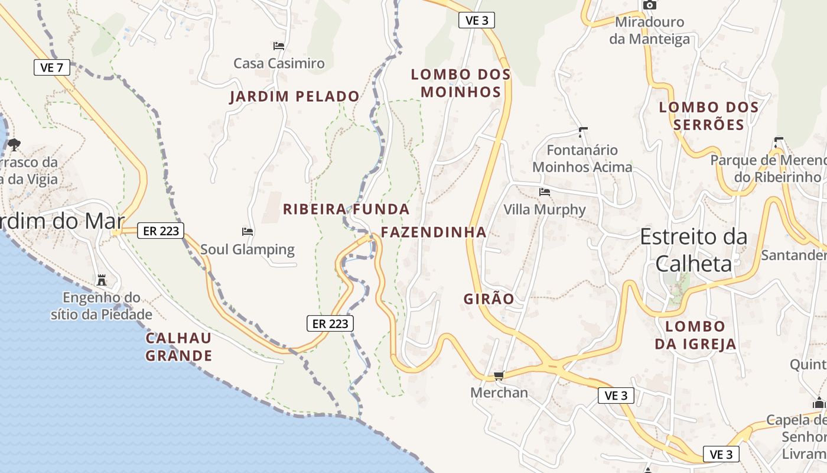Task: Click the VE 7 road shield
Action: point(52,67)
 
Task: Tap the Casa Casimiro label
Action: point(279,63)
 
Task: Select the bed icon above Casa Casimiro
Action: point(279,46)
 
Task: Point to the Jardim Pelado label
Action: point(294,96)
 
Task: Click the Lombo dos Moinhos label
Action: point(460,83)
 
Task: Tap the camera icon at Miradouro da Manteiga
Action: point(649,5)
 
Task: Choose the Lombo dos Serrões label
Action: point(708,116)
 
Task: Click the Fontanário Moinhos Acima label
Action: point(582,158)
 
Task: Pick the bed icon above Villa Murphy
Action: point(545,192)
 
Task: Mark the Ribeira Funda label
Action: point(346,209)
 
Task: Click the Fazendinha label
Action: point(434,232)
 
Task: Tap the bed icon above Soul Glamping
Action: point(248,231)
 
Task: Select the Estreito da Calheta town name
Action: point(693,250)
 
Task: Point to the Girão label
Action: point(489,299)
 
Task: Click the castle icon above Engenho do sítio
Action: point(102,279)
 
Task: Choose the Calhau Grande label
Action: point(178,347)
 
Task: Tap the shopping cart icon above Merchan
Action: point(499,375)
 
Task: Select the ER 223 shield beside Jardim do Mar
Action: point(161,231)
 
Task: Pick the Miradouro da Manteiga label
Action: point(649,31)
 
